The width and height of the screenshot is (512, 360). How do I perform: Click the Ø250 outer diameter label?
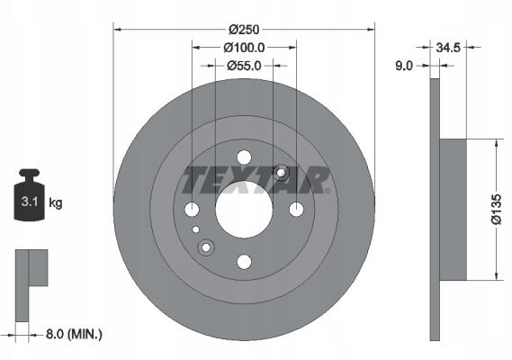(244, 30)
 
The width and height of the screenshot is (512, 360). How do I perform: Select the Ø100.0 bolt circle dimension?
(244, 48)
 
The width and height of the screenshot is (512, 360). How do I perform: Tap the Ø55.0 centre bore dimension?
(244, 66)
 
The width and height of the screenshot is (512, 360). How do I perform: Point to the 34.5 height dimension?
(448, 48)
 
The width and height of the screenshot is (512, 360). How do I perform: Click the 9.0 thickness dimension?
(404, 66)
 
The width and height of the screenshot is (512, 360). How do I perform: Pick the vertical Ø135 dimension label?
(496, 209)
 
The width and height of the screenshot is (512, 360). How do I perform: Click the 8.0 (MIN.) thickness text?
(74, 334)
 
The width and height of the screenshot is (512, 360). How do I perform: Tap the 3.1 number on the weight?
(30, 202)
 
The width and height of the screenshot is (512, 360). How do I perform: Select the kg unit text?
(55, 202)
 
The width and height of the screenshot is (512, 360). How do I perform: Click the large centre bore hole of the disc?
(244, 210)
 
